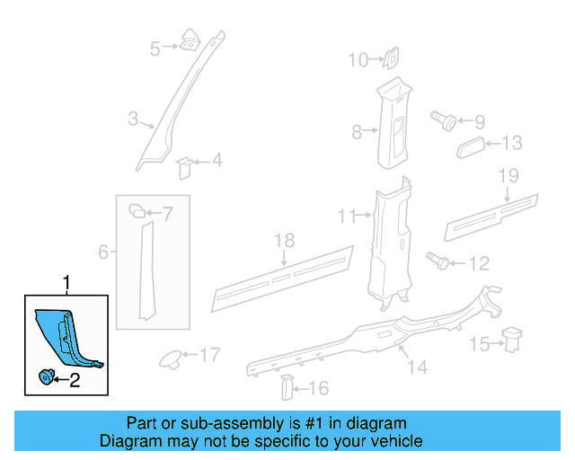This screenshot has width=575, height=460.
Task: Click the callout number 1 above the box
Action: click(66, 284)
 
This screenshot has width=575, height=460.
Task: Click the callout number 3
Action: click(132, 119)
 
